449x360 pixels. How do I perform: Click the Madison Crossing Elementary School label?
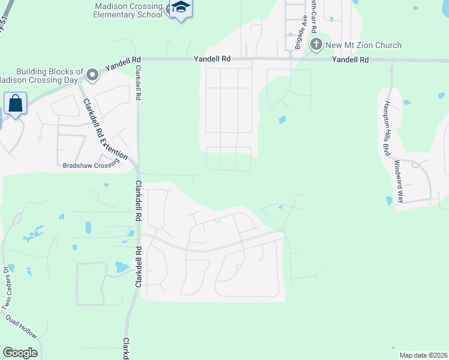tap(128, 10)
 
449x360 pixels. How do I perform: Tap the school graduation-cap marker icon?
tap(179, 8)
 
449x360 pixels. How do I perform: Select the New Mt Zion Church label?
tap(363, 45)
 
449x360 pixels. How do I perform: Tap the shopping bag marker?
tap(15, 103)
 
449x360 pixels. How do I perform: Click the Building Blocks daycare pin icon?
tap(92, 75)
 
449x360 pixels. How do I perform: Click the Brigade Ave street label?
tap(297, 36)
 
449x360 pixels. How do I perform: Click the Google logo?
tap(20, 353)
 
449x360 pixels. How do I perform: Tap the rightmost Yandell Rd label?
tap(350, 60)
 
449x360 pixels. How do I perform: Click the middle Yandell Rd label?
tap(212, 59)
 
